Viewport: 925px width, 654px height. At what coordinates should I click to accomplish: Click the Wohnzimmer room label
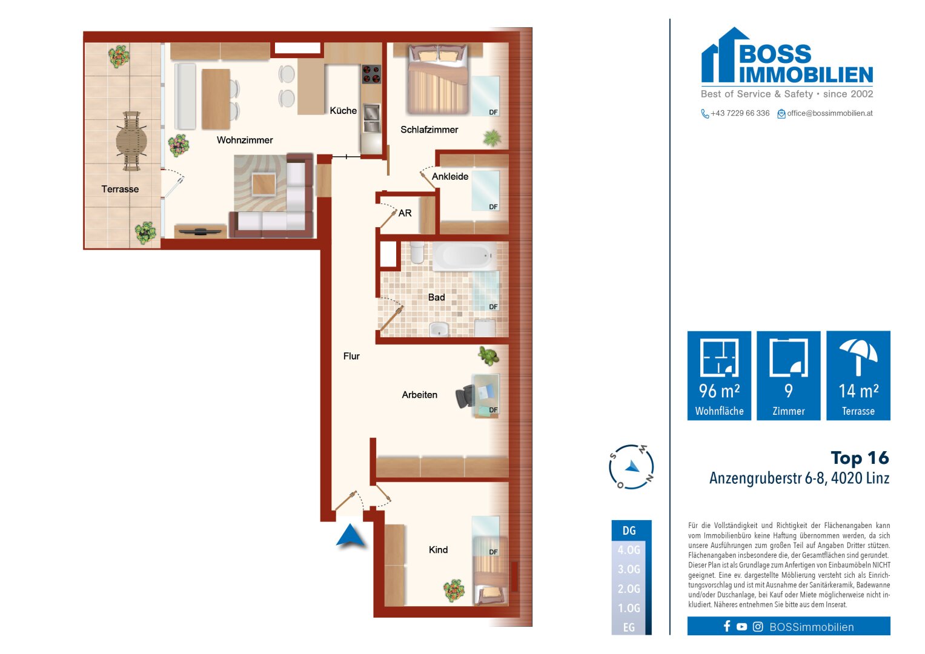pos(245,140)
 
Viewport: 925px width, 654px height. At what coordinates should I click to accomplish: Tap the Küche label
pos(343,111)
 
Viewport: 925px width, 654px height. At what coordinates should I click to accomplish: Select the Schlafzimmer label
pos(429,130)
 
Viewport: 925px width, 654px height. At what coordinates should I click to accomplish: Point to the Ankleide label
pos(450,177)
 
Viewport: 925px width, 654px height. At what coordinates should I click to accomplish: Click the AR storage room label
pos(405,213)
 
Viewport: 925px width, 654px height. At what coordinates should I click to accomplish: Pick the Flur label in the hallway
pos(351,356)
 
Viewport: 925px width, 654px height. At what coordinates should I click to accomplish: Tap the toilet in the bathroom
pos(417,253)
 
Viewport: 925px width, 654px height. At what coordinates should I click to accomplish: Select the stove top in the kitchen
pos(371,74)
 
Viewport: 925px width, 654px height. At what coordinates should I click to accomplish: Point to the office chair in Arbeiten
pos(465,397)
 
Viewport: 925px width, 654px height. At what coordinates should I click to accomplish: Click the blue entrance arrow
pos(350,536)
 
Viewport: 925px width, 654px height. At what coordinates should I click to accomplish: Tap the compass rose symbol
pos(631,467)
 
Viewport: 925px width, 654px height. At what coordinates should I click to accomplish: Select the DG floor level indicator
pos(629,530)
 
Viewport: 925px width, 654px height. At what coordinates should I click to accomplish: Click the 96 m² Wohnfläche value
pos(719,391)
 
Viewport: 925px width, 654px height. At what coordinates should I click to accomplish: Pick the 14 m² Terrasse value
pos(858,391)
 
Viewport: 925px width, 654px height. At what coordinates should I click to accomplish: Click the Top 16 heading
pos(860,458)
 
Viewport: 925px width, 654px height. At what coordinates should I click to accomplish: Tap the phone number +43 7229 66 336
pos(740,113)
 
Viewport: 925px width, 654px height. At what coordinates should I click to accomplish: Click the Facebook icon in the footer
pos(727,626)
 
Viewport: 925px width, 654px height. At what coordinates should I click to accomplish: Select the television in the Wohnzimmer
pos(201,231)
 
